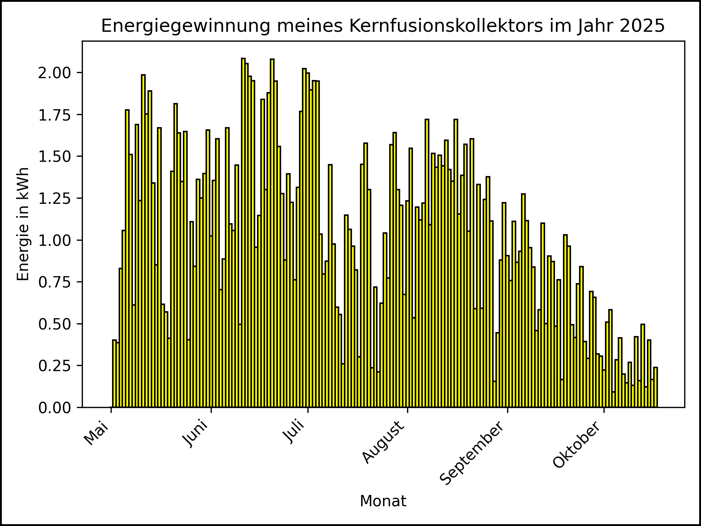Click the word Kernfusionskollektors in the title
(446, 26)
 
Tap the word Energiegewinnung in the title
(186, 26)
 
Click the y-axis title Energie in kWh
(23, 224)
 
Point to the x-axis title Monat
(383, 501)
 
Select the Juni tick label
(196, 434)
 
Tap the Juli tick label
(294, 432)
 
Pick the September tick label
(472, 453)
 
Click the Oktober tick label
(577, 445)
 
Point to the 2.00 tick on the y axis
(55, 73)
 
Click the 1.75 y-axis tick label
(55, 115)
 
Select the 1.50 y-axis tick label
(55, 157)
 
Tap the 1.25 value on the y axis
(55, 198)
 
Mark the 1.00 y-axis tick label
(55, 240)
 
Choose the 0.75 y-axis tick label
(55, 282)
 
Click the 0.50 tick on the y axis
(55, 324)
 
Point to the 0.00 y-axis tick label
(55, 408)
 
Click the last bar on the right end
(656, 387)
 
